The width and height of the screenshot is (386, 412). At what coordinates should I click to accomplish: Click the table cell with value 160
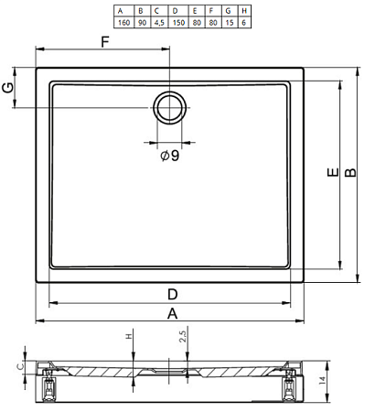click(x=123, y=23)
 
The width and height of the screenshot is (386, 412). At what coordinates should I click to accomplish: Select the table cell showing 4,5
click(x=159, y=23)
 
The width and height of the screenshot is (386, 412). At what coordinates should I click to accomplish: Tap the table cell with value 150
click(x=178, y=23)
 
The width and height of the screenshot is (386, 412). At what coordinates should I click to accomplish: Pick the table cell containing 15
click(x=230, y=23)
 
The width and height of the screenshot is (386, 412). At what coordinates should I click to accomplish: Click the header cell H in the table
click(x=244, y=11)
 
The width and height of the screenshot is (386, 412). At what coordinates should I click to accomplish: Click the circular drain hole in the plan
click(x=170, y=107)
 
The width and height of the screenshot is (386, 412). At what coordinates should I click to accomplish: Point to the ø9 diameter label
click(x=170, y=156)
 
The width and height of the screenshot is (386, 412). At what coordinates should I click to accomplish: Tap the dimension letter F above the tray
click(x=105, y=42)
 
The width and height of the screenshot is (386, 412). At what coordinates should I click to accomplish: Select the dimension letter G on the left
click(x=8, y=88)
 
